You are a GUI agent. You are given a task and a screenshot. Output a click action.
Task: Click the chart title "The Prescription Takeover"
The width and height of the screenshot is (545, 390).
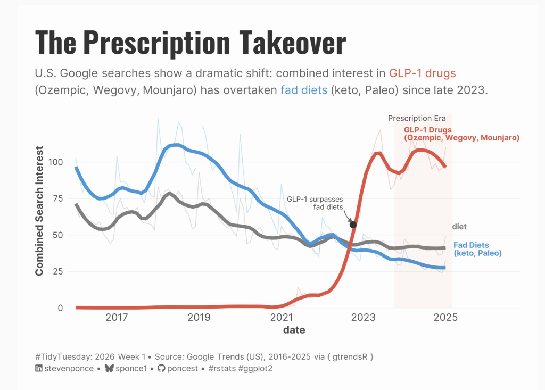point(191,43)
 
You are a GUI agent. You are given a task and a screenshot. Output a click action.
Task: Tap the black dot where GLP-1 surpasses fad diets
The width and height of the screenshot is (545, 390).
point(353,225)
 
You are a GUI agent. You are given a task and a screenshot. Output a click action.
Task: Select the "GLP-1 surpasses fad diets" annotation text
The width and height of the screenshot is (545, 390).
point(315,203)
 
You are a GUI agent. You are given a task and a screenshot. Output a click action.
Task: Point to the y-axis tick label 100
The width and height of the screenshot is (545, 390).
point(55,162)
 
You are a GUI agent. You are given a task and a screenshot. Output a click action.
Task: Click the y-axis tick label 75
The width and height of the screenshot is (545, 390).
point(57,198)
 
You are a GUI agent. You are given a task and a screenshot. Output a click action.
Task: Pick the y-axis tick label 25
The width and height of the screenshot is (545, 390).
point(57,271)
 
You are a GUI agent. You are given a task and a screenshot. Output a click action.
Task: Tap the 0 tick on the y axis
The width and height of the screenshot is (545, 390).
point(61,308)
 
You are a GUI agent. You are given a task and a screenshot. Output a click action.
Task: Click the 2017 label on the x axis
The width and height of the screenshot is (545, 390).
point(117,317)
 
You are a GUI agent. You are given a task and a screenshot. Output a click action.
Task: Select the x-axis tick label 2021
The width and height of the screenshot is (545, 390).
point(282,317)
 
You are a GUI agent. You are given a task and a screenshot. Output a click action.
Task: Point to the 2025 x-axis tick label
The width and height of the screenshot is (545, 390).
point(445,317)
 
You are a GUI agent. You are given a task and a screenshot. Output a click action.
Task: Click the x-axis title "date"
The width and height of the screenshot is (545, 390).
point(294,330)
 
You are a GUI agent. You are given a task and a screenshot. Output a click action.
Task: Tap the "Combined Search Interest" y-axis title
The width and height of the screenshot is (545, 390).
point(39,211)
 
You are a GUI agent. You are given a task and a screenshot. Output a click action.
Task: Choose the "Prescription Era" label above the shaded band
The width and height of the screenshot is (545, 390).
point(417,119)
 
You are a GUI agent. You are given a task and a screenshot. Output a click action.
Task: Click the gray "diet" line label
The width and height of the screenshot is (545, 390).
point(459,227)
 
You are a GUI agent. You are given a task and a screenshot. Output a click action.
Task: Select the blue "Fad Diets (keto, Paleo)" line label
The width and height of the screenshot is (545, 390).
point(477,249)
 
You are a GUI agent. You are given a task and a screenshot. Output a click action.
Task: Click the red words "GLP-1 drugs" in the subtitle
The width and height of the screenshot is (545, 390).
point(422,73)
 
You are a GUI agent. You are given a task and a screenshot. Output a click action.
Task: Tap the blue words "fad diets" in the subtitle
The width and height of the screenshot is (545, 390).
point(304,90)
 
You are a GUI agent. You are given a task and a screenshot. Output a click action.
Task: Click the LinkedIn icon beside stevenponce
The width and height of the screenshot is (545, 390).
point(38,368)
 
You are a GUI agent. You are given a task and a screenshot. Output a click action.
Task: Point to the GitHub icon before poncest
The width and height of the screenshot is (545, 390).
point(161,368)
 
